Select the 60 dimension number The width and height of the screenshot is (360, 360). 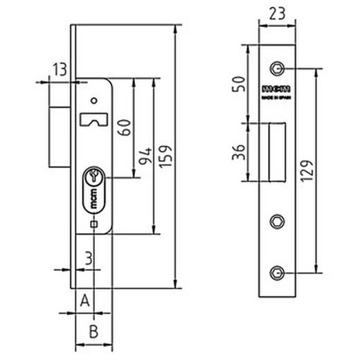125,127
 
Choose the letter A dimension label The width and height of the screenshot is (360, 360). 85,300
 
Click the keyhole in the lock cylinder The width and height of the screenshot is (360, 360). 93,179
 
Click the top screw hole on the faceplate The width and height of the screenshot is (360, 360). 277,69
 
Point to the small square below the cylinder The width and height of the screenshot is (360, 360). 93,224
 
